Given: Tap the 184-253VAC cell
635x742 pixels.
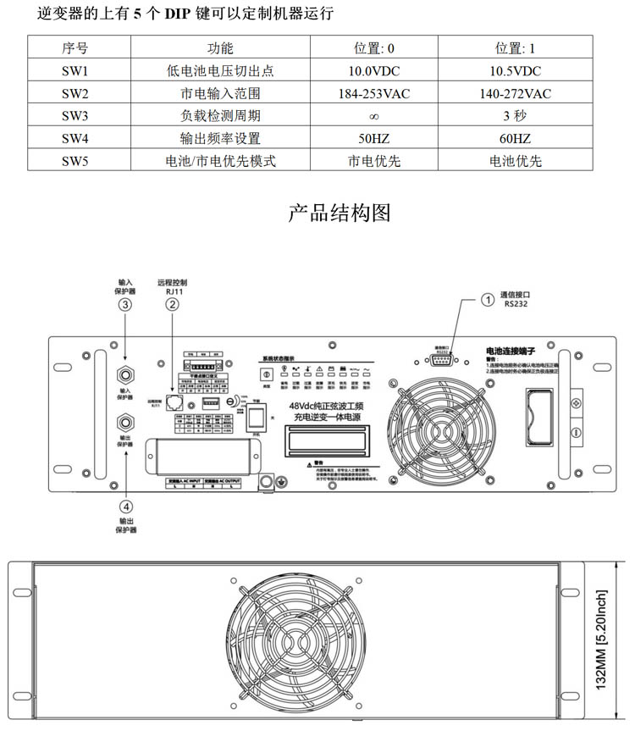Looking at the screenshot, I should coord(373,94).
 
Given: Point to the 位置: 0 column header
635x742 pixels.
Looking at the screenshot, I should coord(373,49).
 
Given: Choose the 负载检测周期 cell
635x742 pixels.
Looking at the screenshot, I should coord(219,116).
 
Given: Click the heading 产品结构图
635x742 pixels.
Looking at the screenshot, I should coord(340,212).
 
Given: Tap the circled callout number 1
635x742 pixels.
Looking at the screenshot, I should coord(488,298).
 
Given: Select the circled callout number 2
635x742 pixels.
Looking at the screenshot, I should coord(172,305).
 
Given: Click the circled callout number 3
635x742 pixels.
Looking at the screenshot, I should coord(125,305).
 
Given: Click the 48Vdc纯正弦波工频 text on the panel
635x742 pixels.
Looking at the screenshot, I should coord(328,406).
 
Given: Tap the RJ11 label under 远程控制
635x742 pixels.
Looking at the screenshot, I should coord(172,291).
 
